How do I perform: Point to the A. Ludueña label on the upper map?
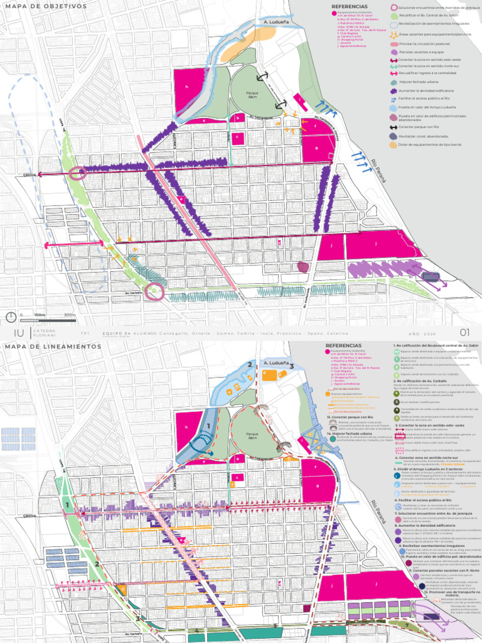[276, 21]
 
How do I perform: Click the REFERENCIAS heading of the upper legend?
[349, 6]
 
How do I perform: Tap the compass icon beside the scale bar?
[11, 316]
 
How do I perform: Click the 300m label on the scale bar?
[69, 315]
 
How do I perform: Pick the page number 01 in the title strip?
[465, 332]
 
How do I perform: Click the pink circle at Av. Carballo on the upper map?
[154, 291]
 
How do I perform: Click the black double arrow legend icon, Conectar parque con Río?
[394, 127]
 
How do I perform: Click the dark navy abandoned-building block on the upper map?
[431, 276]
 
